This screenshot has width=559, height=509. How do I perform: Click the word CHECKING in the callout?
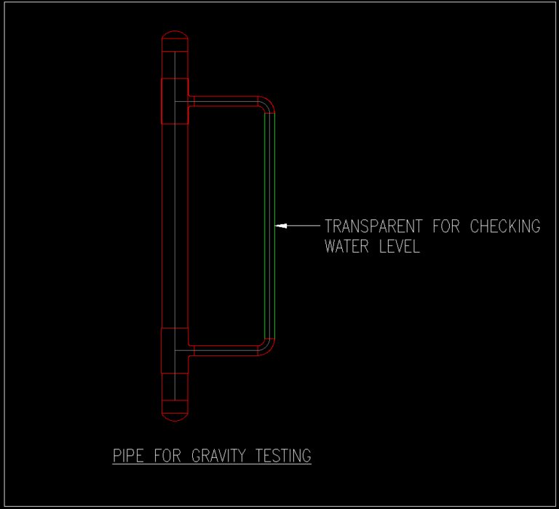pos(504,226)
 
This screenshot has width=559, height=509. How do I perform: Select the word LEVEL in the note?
pos(400,247)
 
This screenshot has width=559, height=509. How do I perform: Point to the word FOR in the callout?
pos(446,226)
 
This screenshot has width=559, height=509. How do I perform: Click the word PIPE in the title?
pos(130,457)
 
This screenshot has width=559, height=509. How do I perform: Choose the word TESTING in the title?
pos(284,457)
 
